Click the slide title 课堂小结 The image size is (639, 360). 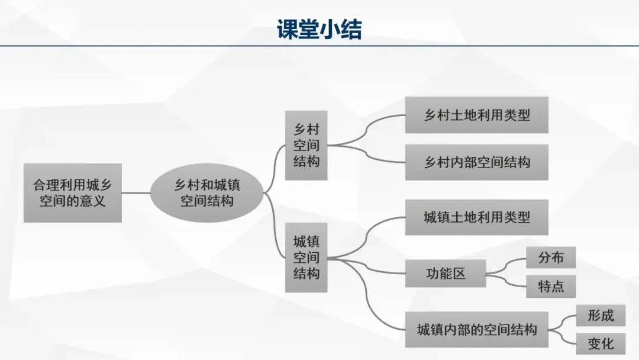[319, 28]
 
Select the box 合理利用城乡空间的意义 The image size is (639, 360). [73, 193]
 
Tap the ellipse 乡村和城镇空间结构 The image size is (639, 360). [206, 193]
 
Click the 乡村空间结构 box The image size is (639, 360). [306, 145]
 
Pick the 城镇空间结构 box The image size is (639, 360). [306, 258]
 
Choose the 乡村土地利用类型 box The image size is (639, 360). [476, 115]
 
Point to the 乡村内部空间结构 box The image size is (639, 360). [476, 162]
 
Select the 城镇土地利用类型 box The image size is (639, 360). [476, 217]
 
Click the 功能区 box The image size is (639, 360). [446, 274]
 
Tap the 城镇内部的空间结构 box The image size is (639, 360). [476, 329]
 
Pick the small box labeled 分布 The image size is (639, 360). [550, 258]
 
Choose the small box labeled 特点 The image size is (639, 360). [550, 287]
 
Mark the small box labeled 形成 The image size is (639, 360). [600, 316]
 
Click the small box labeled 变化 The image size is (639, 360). [600, 343]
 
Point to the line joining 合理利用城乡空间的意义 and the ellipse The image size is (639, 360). [135, 193]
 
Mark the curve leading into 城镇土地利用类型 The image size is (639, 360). [373, 228]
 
